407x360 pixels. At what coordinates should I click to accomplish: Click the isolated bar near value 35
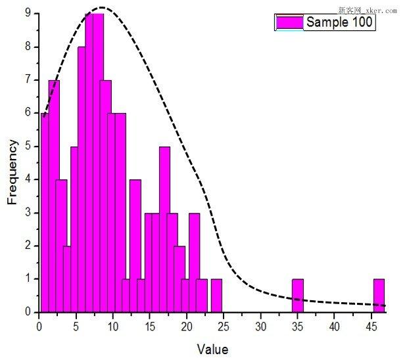coord(298,296)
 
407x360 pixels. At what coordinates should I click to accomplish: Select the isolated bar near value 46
coord(379,296)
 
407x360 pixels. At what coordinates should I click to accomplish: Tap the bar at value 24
coord(216,296)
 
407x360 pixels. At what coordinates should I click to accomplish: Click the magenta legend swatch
coord(289,22)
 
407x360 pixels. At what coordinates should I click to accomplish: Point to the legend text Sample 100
coord(340,22)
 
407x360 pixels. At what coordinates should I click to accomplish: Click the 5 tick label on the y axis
coord(27,146)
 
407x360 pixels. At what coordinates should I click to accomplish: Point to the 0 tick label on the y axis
coord(27,313)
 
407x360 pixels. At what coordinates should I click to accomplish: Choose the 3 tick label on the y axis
coord(27,213)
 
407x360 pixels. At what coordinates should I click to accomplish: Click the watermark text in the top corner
coord(368,11)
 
